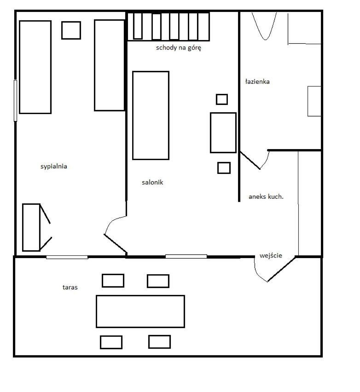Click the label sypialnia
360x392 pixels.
[x=54, y=167]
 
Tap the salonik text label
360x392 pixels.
[x=152, y=183]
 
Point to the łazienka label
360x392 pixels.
[x=257, y=81]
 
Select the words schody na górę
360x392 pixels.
[x=178, y=48]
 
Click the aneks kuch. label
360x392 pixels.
[x=266, y=197]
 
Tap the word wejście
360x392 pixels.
[x=271, y=255]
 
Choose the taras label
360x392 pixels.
[x=70, y=287]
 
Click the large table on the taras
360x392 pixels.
[x=140, y=311]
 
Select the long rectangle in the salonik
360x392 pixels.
[x=151, y=115]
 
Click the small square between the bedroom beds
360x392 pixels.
[x=71, y=30]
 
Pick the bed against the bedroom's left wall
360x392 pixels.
[x=35, y=67]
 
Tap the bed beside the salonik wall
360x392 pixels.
[x=109, y=65]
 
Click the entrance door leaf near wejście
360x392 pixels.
[x=281, y=269]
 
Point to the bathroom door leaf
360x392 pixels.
[x=250, y=160]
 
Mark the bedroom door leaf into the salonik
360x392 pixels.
[x=116, y=244]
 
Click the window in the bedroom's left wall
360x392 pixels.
[x=15, y=101]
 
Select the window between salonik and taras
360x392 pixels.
[x=186, y=256]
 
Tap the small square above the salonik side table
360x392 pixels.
[x=222, y=99]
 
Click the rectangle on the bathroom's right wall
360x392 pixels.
[x=314, y=101]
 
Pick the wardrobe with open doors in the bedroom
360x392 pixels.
[x=31, y=227]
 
